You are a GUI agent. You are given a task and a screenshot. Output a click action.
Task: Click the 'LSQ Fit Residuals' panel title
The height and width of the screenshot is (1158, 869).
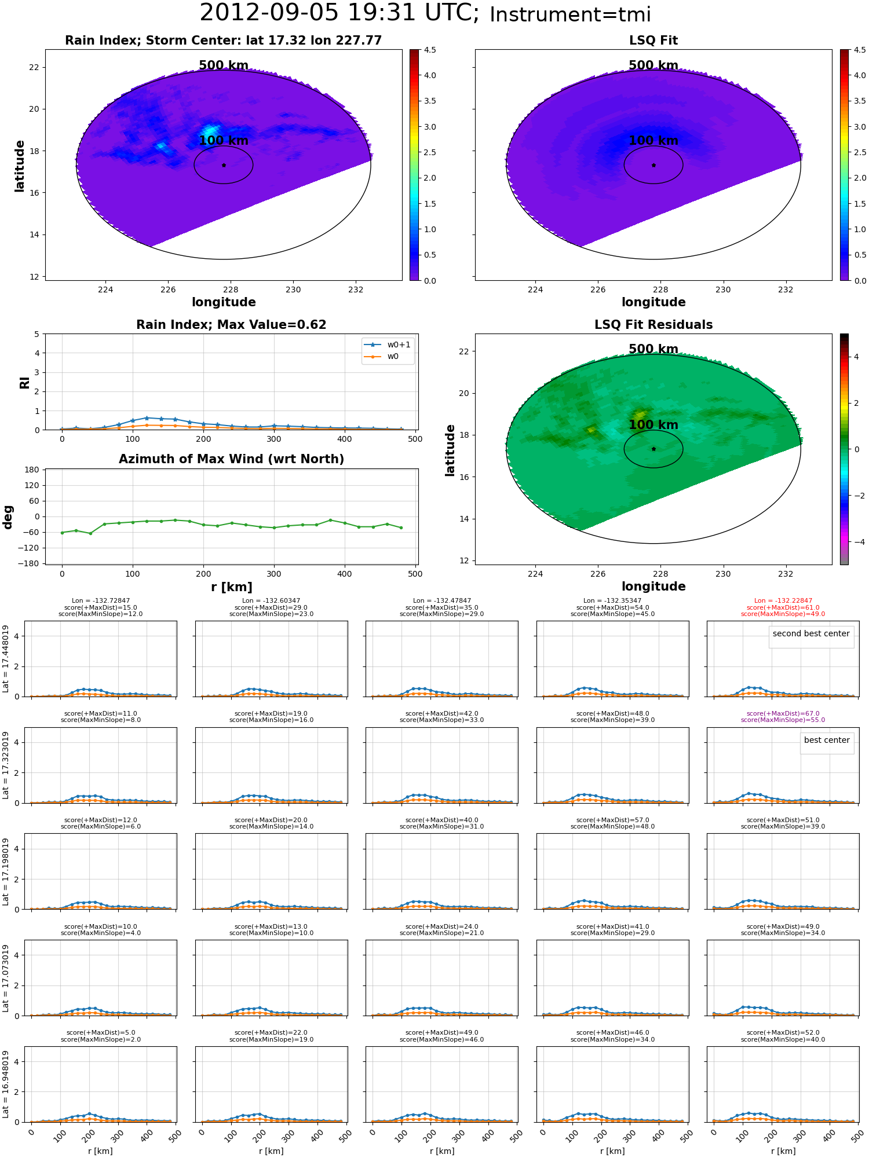coord(653,325)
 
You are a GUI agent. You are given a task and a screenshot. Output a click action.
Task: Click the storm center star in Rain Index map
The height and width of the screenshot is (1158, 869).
coord(224,165)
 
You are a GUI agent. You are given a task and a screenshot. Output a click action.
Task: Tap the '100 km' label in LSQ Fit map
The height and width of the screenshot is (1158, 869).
coord(653,141)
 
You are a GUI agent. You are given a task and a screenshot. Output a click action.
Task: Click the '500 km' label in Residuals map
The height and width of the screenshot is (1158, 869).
coord(653,349)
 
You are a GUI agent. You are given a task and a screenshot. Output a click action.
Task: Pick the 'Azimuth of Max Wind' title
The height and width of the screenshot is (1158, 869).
coord(231,459)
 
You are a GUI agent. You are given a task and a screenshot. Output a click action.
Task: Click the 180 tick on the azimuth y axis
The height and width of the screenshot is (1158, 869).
coord(32,470)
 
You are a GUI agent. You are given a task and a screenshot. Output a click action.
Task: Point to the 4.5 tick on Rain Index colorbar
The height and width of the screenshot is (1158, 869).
coord(430,50)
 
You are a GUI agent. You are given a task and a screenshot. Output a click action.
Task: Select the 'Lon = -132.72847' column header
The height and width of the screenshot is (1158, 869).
coord(101,601)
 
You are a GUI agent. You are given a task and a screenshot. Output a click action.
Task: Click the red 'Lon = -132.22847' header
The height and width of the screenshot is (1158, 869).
coord(783,601)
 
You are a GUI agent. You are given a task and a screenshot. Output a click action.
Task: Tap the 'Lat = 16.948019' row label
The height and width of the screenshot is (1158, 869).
coord(6,1084)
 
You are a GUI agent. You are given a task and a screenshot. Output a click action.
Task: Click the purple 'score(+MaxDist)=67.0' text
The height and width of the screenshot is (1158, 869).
coord(783,713)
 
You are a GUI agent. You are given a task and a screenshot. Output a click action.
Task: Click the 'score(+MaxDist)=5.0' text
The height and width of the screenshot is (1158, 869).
coord(101,1032)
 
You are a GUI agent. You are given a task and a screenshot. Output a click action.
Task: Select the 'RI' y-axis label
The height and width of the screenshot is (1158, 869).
coord(25,382)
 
